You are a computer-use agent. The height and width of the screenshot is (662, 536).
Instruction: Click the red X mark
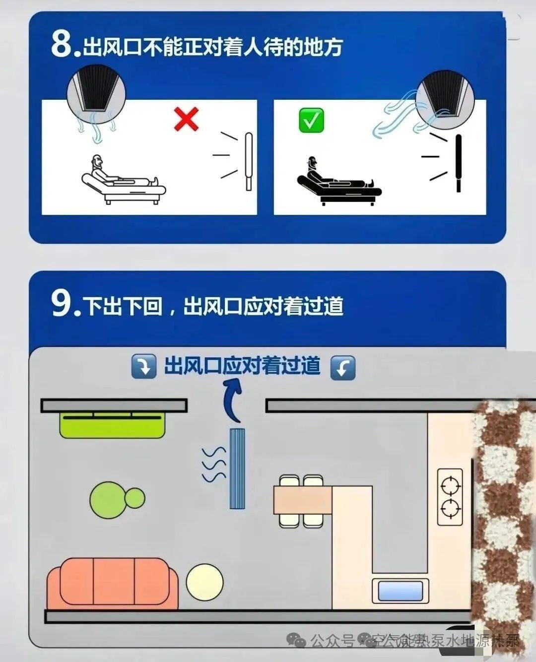click(187, 119)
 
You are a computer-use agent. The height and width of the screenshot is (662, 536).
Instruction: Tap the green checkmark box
click(311, 121)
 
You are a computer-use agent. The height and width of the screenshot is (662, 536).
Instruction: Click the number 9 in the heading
click(63, 303)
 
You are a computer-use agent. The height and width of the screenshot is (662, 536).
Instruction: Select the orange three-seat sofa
click(113, 583)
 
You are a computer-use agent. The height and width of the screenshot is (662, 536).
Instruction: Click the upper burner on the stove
click(450, 485)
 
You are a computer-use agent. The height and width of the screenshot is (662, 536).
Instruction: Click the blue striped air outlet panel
click(237, 468)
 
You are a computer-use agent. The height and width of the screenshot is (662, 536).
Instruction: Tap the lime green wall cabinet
click(113, 425)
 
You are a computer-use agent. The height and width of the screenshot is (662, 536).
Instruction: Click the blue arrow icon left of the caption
click(144, 367)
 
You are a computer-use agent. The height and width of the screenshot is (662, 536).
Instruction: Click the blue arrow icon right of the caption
click(343, 368)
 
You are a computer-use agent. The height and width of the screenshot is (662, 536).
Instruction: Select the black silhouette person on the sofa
click(337, 179)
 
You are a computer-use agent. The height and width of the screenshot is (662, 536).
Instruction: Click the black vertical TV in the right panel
click(459, 163)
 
